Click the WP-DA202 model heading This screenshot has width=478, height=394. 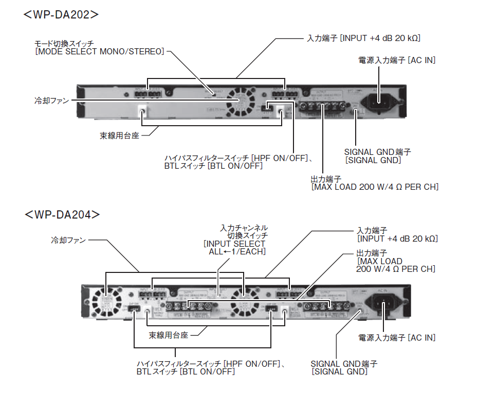pos(61,14)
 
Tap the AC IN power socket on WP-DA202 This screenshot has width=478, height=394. pos(380,101)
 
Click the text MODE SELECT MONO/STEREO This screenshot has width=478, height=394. pos(100,52)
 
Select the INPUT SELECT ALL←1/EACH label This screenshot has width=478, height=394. pos(234,248)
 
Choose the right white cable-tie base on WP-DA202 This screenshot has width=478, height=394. pos(281,111)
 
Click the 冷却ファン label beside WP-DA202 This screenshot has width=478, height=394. pos(51,101)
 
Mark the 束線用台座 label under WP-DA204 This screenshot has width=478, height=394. pos(169,336)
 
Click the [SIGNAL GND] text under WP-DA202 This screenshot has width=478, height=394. pos(373,161)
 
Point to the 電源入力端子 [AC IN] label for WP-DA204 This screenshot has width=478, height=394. pos(396,338)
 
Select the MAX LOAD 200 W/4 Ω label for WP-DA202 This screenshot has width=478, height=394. pos(375,187)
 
